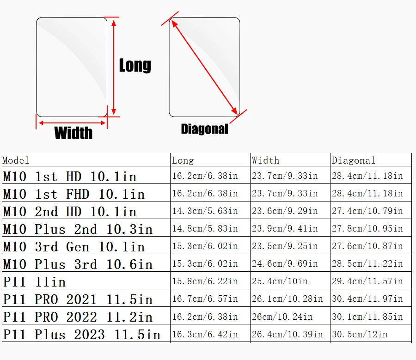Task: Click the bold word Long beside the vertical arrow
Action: tap(135, 65)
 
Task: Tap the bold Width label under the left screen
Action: tap(73, 133)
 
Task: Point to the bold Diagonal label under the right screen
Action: tap(204, 129)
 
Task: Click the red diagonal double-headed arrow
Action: tap(204, 65)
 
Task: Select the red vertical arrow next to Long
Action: tap(114, 67)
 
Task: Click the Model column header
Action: tap(16, 160)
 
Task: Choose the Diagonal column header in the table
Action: tap(353, 160)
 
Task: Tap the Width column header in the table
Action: tap(265, 160)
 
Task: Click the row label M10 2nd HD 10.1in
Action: tap(70, 212)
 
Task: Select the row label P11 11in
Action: tap(35, 282)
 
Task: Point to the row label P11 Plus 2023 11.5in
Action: tap(82, 334)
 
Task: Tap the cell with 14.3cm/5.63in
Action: tap(205, 211)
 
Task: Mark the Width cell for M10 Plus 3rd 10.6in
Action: tap(285, 264)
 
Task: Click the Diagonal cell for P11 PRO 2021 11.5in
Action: tap(367, 299)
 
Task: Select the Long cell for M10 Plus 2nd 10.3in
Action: tap(205, 229)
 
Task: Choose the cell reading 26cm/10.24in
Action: tap(282, 317)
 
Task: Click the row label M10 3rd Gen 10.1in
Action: tap(74, 247)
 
